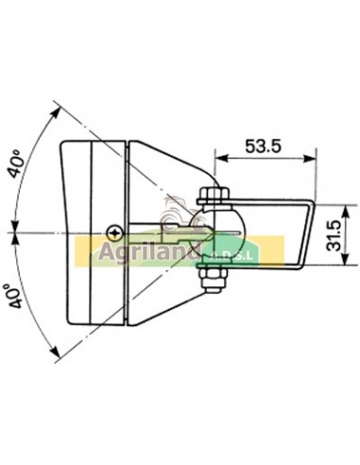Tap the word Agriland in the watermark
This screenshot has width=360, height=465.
pos(147,252)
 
